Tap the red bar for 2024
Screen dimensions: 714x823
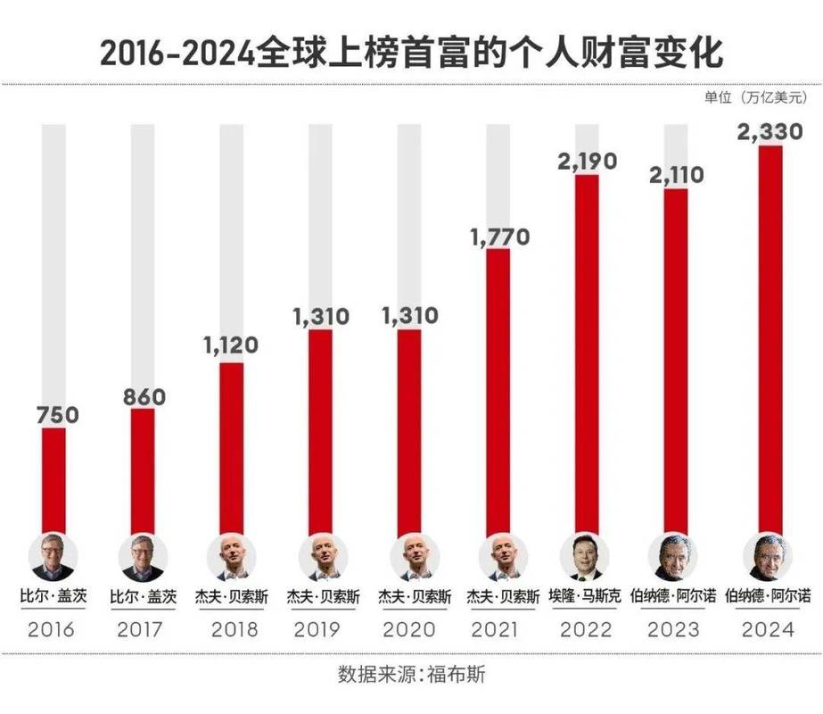point(769,339)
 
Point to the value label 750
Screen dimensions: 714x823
point(58,415)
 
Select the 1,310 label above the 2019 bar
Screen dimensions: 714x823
point(320,316)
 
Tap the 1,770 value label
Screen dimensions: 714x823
point(498,236)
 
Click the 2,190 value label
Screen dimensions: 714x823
point(588,163)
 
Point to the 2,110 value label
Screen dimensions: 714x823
point(677,177)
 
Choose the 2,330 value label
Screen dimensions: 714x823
point(770,133)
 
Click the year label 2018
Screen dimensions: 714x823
point(235,629)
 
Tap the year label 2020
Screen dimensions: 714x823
point(412,629)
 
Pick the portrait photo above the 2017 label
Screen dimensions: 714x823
point(143,558)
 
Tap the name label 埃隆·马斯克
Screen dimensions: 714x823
point(585,595)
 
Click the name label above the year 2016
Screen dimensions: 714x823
point(53,595)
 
